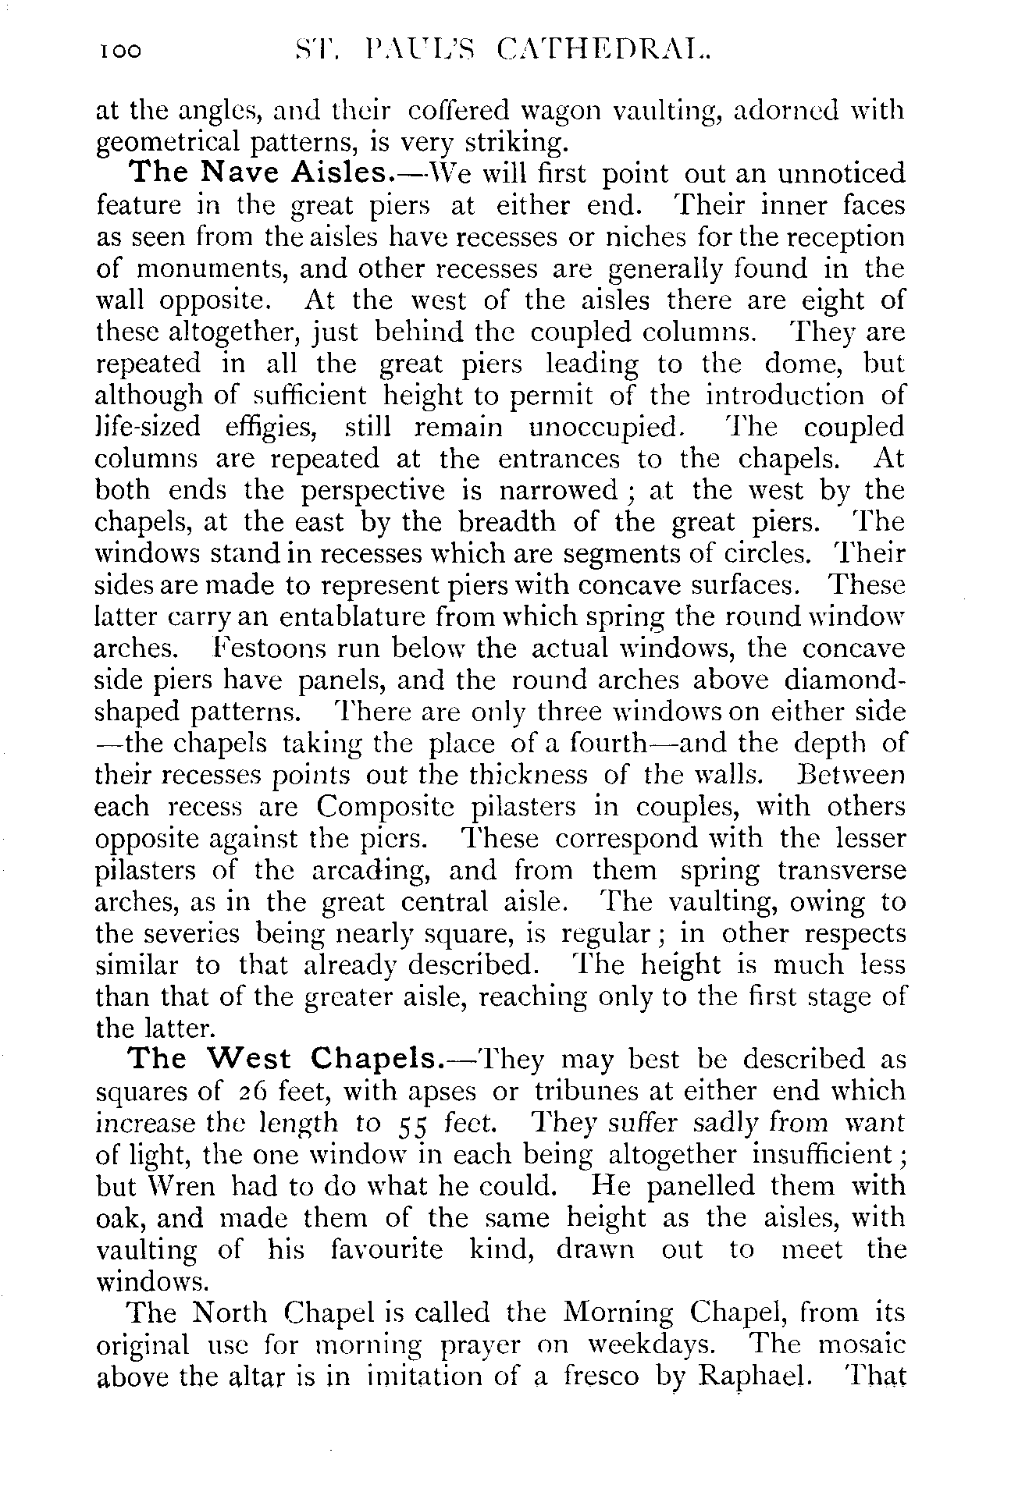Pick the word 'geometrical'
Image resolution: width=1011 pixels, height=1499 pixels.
pos(173,143)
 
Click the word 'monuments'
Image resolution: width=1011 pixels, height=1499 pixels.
pos(210,268)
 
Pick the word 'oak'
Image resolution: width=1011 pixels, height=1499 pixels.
pos(116,1218)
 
